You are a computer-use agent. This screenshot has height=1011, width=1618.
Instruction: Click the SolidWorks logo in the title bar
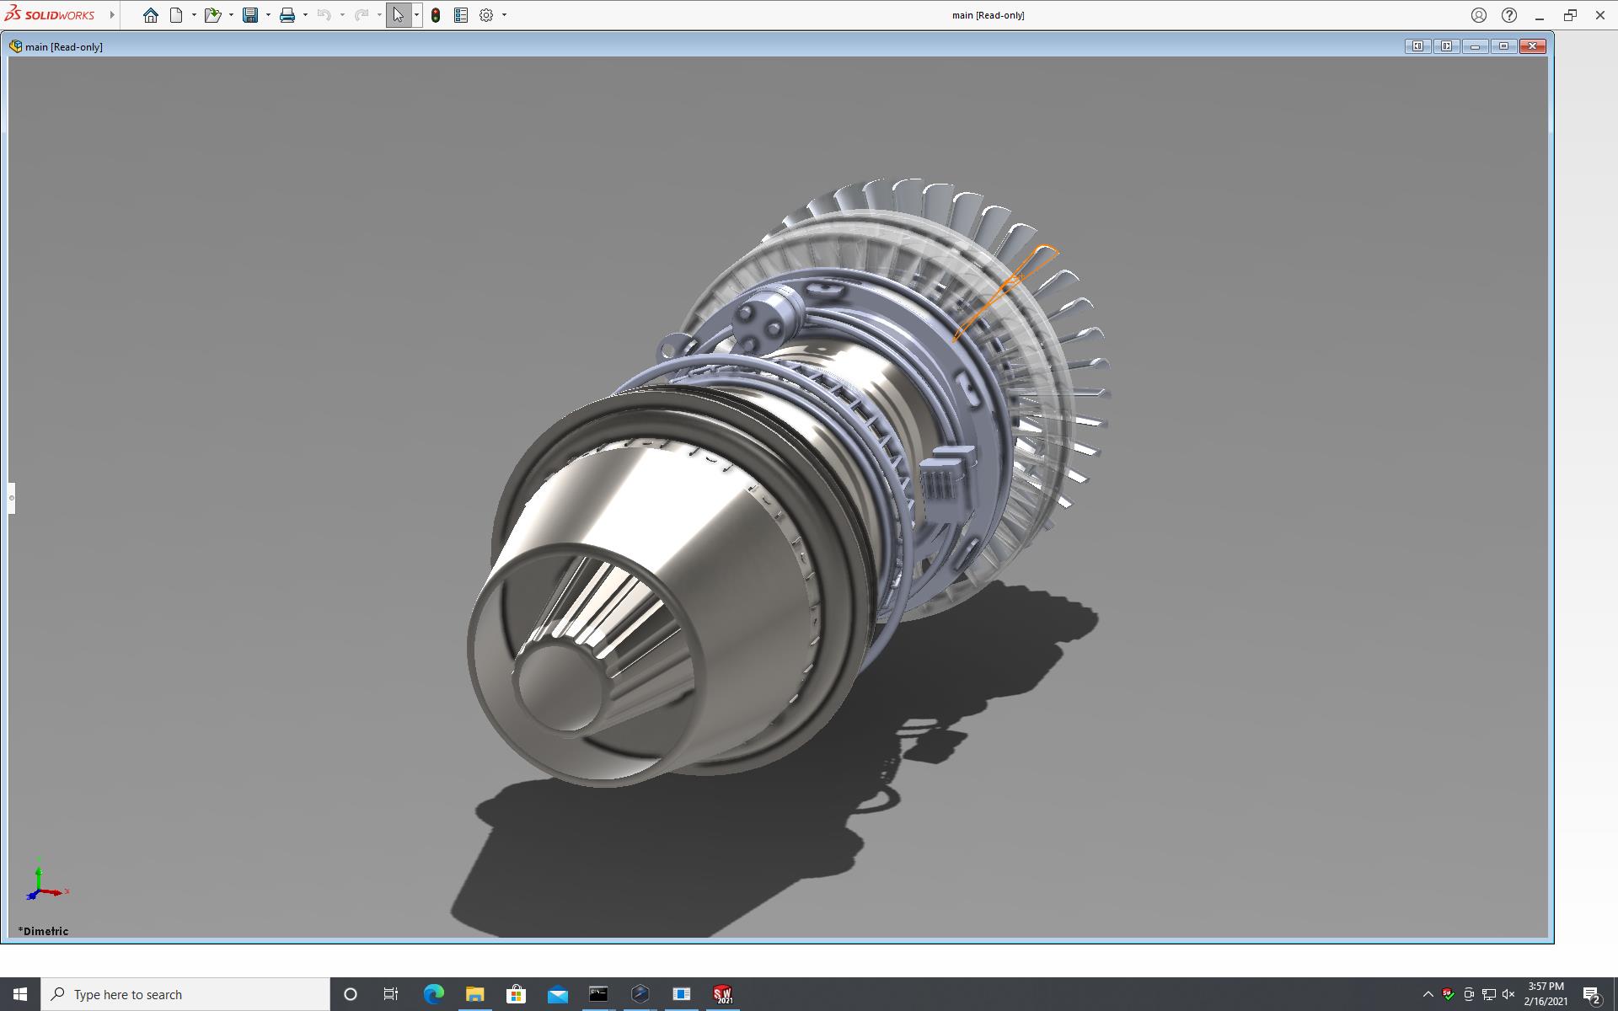[50, 14]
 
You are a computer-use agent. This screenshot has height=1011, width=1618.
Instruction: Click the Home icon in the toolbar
[151, 15]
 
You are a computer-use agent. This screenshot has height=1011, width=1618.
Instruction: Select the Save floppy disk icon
[250, 15]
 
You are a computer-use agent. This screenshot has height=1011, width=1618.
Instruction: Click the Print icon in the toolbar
[287, 15]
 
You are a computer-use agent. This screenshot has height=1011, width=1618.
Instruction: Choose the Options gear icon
[486, 15]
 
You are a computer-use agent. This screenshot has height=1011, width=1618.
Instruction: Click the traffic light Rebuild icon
[436, 15]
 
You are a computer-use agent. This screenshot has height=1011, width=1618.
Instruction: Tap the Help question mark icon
[1509, 15]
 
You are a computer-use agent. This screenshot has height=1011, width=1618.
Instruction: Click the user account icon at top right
[1479, 15]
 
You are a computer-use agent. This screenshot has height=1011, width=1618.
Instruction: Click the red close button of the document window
[1533, 46]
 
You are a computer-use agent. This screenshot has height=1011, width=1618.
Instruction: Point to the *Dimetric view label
[44, 931]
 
